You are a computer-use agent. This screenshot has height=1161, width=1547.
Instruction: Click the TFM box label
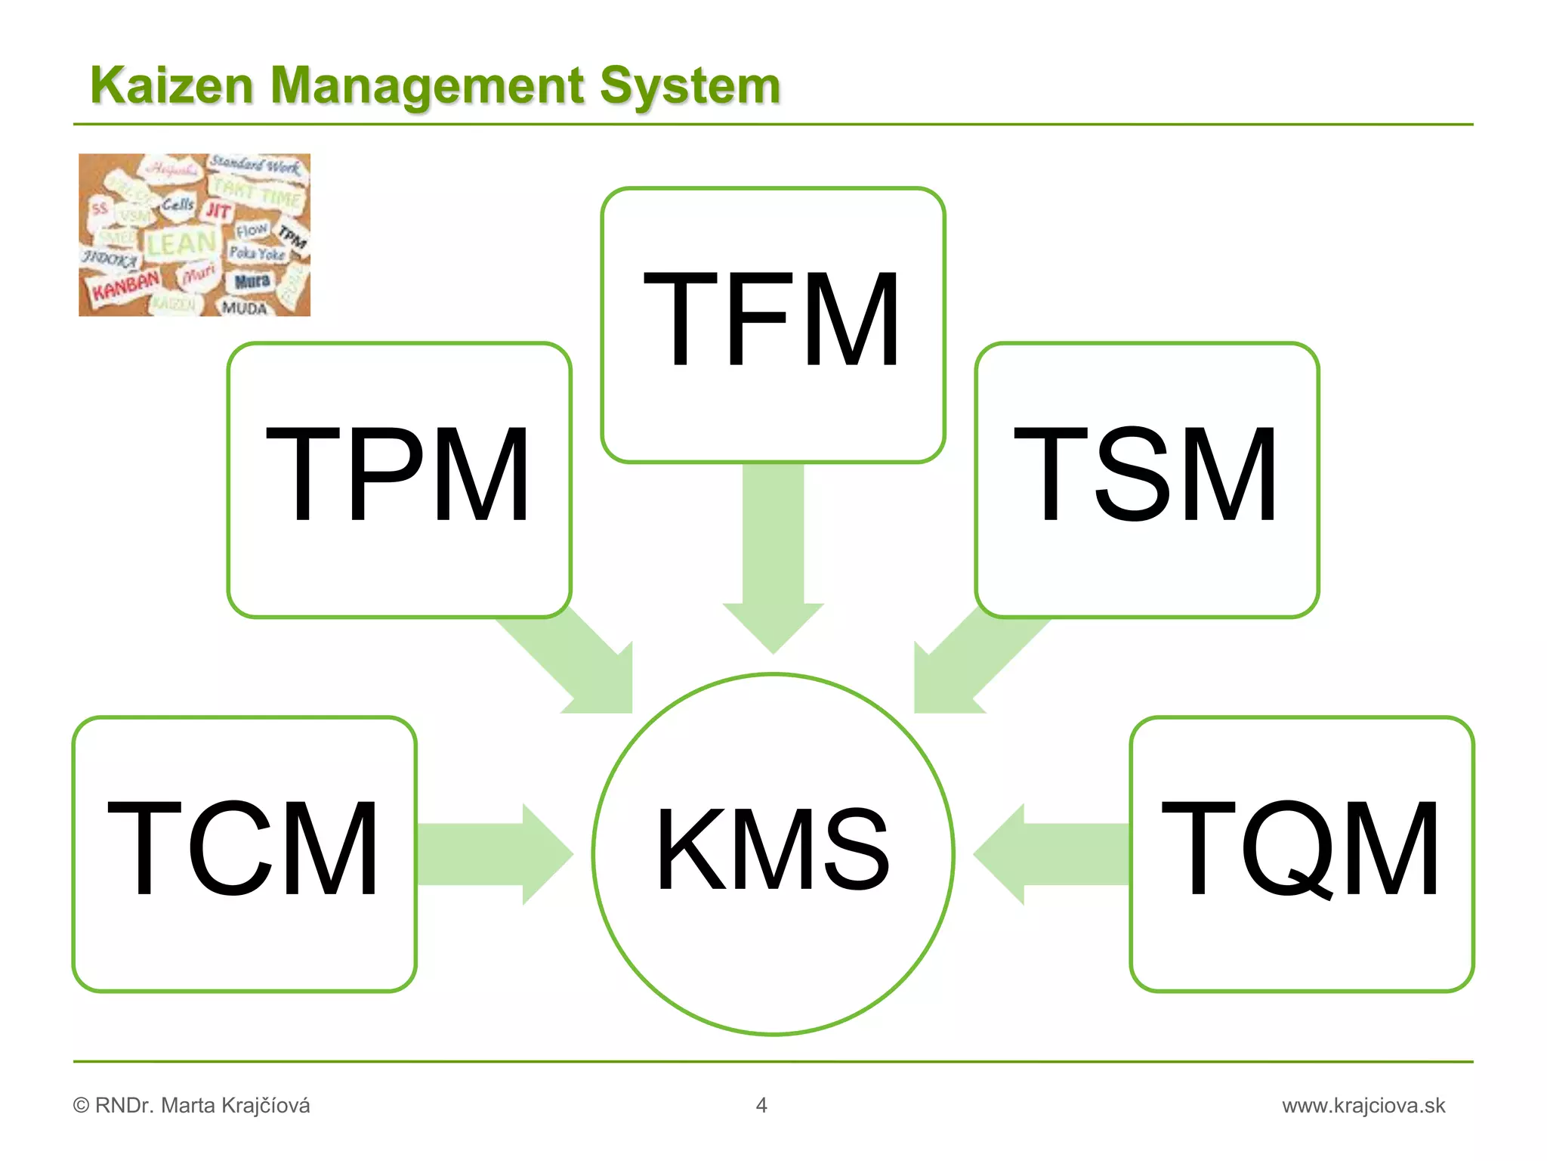coord(772,319)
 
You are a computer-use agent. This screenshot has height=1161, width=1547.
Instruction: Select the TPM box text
coord(398,475)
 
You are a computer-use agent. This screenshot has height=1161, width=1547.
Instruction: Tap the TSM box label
coord(1146,475)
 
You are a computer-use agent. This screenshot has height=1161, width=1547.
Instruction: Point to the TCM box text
coord(243,849)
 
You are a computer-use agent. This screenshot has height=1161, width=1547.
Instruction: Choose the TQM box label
coord(1301,849)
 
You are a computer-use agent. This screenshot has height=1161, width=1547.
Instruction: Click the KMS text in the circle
coord(773,850)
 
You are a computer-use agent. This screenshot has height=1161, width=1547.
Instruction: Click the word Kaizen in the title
coord(171,85)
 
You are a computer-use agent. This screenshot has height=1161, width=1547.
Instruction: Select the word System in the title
coord(689,85)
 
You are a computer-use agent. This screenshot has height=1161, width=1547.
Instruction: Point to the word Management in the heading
coord(427,85)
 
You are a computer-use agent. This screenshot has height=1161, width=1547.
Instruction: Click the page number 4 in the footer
coord(761,1105)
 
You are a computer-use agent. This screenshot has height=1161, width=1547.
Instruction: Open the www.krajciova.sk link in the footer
coord(1363,1106)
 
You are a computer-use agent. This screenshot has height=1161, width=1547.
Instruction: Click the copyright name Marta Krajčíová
coord(235,1106)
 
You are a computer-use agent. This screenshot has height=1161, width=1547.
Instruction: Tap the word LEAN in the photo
coord(181,243)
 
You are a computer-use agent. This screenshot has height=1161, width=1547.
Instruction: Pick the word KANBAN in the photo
coord(125,286)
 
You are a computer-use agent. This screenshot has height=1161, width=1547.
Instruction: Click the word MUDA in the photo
coord(244,308)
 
